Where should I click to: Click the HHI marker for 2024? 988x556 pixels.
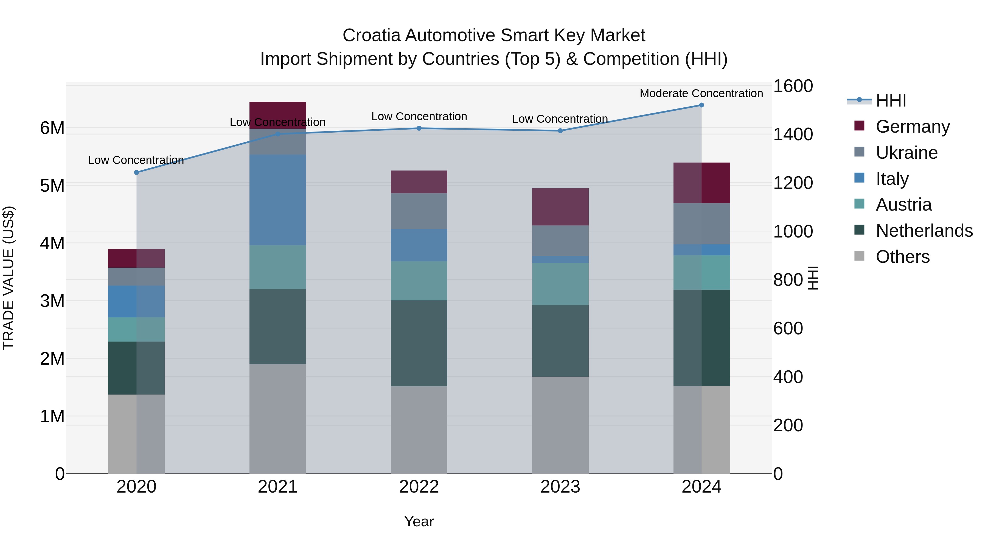click(701, 105)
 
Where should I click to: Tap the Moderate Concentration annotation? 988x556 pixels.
click(701, 94)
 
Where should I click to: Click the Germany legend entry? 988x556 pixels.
click(913, 127)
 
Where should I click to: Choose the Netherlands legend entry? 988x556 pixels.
click(924, 231)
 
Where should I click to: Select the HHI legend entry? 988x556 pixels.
click(891, 100)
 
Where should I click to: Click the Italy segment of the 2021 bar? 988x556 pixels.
click(278, 200)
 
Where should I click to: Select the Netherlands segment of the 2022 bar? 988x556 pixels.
click(419, 343)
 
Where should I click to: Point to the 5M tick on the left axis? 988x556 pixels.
click(52, 186)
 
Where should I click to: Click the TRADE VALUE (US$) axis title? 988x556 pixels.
click(9, 278)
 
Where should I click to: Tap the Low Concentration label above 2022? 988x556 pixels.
click(419, 117)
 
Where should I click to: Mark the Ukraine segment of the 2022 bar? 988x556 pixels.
click(419, 211)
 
